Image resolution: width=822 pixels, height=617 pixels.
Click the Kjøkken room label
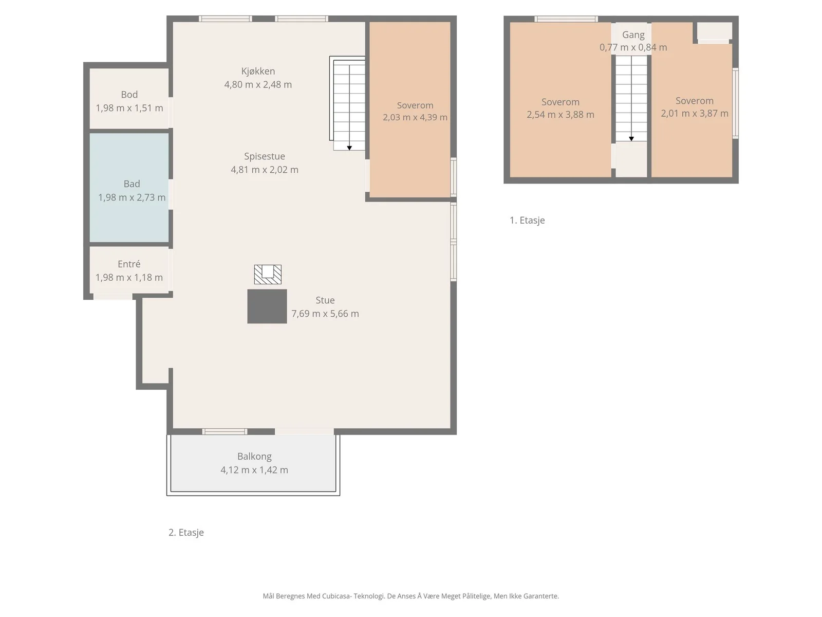258,71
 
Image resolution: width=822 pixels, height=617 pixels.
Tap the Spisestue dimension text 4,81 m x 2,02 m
265,170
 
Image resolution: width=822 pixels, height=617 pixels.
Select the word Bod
129,95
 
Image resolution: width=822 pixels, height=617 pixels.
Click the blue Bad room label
132,184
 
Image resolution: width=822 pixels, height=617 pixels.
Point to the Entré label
129,264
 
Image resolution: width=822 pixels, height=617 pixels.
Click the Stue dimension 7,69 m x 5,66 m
325,314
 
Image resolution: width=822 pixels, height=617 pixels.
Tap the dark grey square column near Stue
267,306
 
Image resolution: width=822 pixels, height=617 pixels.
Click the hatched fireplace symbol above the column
268,275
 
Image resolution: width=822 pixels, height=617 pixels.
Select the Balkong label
254,456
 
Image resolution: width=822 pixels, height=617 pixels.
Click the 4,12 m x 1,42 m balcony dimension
254,470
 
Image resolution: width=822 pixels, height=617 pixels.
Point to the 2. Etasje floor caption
186,532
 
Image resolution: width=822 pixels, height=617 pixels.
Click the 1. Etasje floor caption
527,220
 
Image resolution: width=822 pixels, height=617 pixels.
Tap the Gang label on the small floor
633,35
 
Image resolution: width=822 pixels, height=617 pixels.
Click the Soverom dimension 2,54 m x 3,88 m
560,115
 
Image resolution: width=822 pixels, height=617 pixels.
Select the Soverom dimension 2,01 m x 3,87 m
694,114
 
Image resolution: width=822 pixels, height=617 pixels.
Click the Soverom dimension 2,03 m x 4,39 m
415,117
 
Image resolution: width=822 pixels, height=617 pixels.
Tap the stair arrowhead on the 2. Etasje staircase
349,148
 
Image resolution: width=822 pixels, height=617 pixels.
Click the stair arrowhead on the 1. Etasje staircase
631,139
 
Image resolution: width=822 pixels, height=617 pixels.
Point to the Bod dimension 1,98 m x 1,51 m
129,108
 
